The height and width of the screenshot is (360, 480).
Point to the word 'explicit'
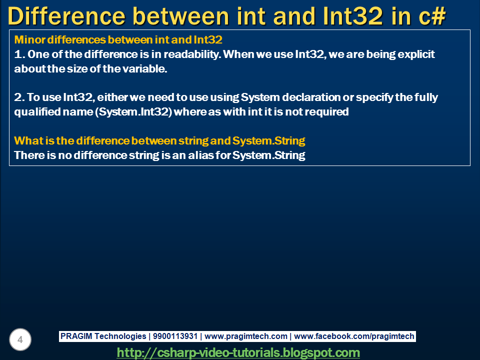click(416, 54)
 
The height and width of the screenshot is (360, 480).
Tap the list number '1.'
click(19, 54)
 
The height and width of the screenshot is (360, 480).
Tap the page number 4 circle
click(20, 340)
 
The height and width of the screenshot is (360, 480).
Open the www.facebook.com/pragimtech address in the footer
click(354, 336)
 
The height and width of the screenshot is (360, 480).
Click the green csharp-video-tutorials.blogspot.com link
click(238, 352)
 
